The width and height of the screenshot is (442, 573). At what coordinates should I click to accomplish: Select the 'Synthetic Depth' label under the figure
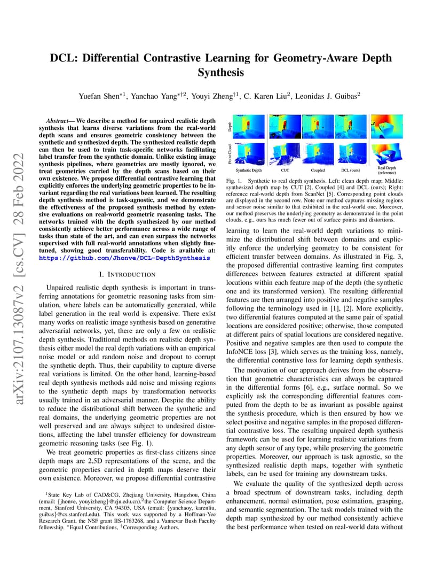point(248,169)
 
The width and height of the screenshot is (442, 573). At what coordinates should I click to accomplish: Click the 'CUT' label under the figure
point(285,169)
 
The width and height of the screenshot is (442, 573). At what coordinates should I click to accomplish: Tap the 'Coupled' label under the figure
point(318,169)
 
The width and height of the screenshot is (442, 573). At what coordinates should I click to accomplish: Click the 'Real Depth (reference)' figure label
point(386,170)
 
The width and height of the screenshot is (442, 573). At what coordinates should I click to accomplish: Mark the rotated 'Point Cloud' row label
point(230,153)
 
